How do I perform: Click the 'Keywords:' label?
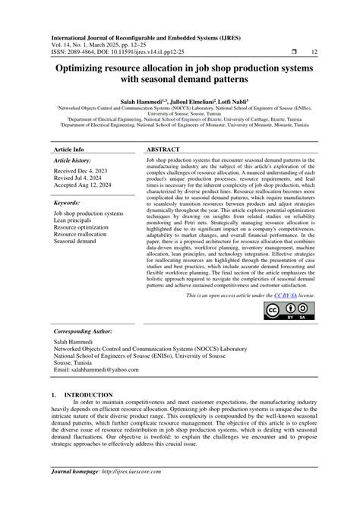(x=68, y=203)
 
